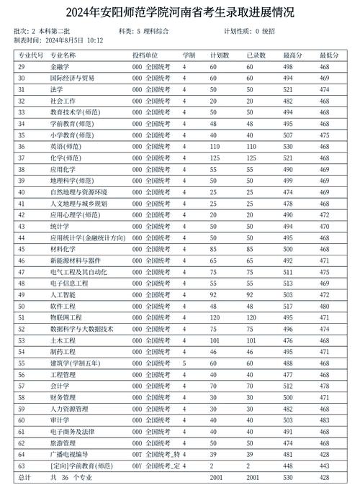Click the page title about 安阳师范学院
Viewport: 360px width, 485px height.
click(x=179, y=12)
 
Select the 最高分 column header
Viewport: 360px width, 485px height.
click(x=292, y=55)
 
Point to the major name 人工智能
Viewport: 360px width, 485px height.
click(x=63, y=294)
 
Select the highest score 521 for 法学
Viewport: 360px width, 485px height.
click(x=288, y=89)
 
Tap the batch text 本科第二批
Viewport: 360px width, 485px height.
click(x=54, y=31)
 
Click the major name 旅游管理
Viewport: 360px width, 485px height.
click(x=63, y=443)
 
